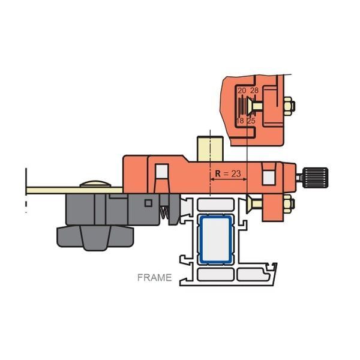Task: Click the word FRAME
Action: [x=155, y=278]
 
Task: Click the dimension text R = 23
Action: [x=228, y=173]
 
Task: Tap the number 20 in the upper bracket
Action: [x=242, y=91]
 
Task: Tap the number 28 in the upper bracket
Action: [x=254, y=91]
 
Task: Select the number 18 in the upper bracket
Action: [x=240, y=121]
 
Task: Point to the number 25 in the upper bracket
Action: [x=251, y=121]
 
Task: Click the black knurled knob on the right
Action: [x=315, y=178]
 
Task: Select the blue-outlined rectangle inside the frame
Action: [x=216, y=239]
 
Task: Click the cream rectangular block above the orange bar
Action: [x=210, y=149]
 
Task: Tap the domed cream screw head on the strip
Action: [x=95, y=184]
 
